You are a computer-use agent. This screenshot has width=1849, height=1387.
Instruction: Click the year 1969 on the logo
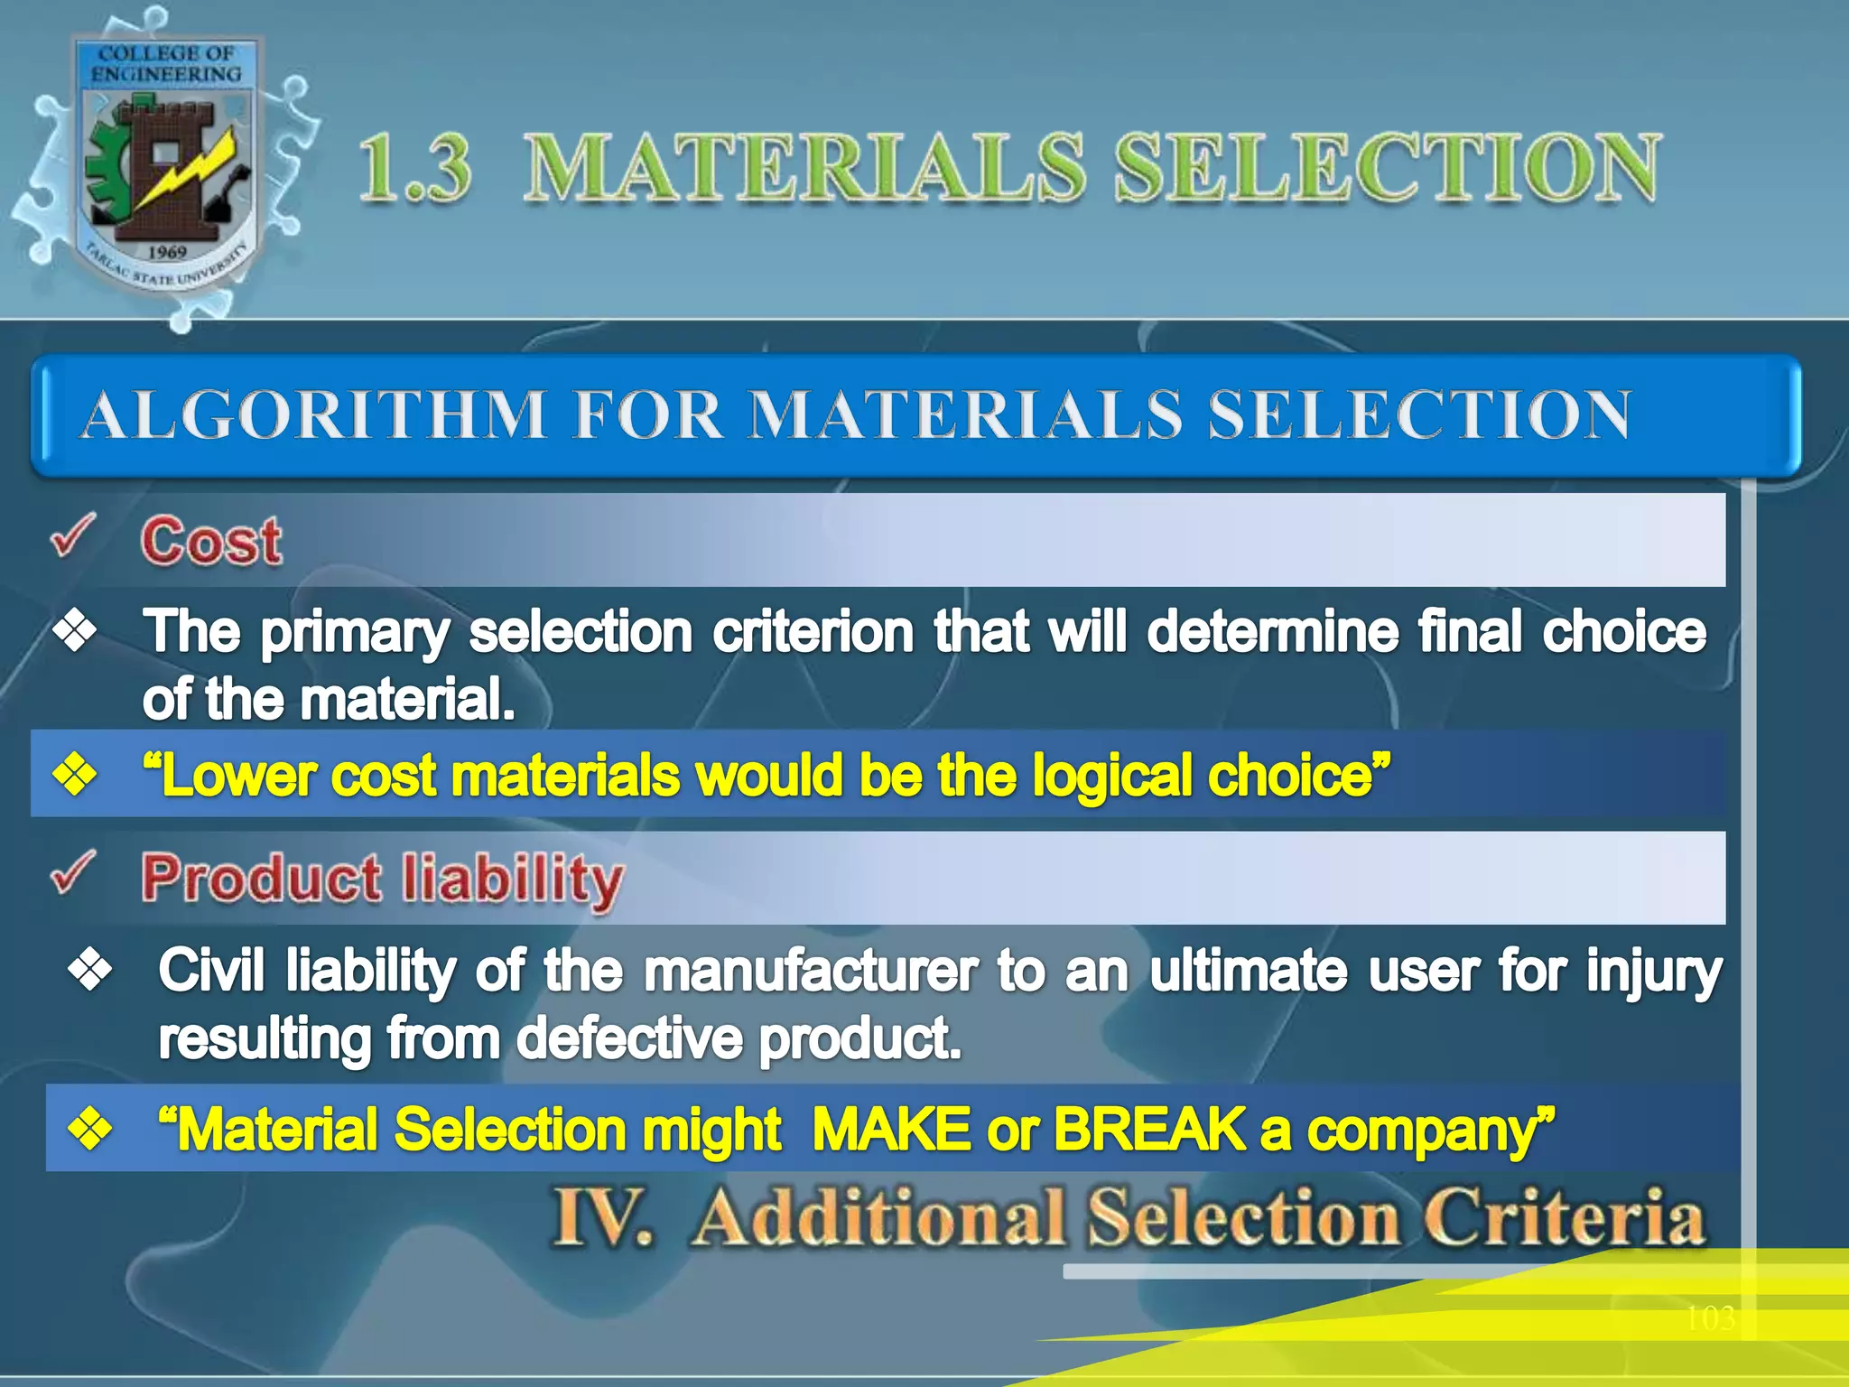tap(167, 252)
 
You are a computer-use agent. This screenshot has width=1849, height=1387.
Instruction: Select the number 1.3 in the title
tap(415, 168)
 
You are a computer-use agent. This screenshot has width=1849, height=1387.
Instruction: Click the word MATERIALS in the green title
tap(804, 167)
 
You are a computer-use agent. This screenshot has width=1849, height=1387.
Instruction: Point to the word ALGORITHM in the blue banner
tap(314, 414)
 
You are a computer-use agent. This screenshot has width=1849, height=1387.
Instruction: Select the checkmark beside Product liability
tap(73, 872)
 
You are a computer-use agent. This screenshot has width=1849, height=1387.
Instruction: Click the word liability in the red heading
tap(512, 880)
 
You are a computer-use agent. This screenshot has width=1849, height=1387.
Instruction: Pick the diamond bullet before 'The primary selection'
tap(75, 630)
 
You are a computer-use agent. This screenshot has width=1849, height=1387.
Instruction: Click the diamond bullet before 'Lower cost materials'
tap(75, 775)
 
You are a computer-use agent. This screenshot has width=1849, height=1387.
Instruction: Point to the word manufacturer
tap(811, 971)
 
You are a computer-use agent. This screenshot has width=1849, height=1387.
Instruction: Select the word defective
tap(630, 1038)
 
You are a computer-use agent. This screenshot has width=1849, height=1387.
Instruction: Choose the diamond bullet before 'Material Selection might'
tap(90, 1129)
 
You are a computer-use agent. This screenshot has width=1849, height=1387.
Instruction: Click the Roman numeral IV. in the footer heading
tap(602, 1217)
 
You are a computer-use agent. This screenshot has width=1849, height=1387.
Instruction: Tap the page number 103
tap(1710, 1318)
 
